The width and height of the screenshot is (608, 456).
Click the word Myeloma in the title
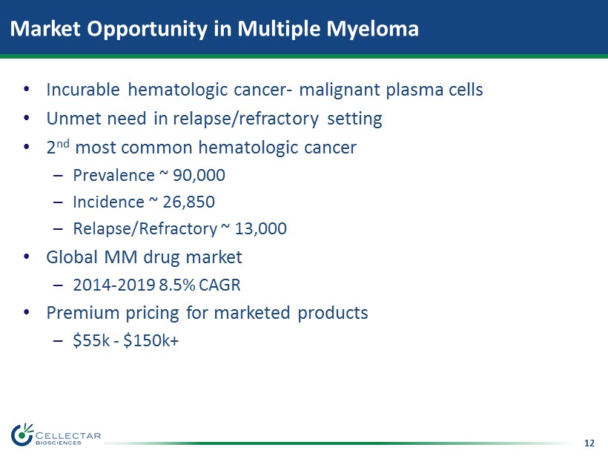[x=373, y=30]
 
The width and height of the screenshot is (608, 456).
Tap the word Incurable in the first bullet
[x=83, y=90]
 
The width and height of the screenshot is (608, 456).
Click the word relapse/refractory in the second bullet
[x=246, y=119]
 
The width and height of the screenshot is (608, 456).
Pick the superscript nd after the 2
[x=63, y=143]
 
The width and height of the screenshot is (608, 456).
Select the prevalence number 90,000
[x=199, y=176]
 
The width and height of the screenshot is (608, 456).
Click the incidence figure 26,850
[x=188, y=202]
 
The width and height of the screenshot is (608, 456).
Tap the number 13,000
[x=260, y=229]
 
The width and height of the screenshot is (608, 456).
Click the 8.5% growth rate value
[x=177, y=285]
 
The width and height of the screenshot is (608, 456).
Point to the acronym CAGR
[x=219, y=285]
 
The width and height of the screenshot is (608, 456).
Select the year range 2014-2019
[x=114, y=285]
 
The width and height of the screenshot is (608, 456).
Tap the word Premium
[x=82, y=313]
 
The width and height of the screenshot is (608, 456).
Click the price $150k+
[x=151, y=341]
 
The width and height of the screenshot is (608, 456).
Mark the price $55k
[x=91, y=341]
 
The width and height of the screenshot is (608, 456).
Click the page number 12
[x=589, y=443]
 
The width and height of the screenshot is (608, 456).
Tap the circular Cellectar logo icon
[x=22, y=435]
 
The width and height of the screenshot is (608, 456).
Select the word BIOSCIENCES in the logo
[x=58, y=443]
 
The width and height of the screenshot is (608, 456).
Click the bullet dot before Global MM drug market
[x=27, y=257]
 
